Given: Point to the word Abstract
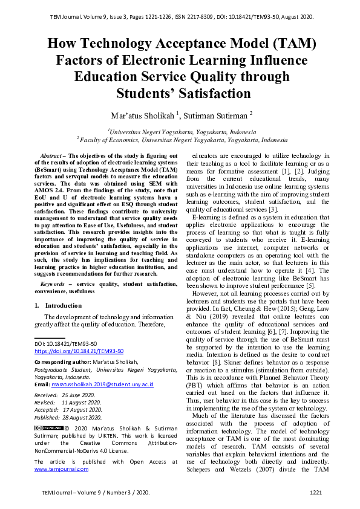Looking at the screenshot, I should click(51, 156).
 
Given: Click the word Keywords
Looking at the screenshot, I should click(53, 284).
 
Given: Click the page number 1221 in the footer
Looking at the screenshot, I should click(316, 493).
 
